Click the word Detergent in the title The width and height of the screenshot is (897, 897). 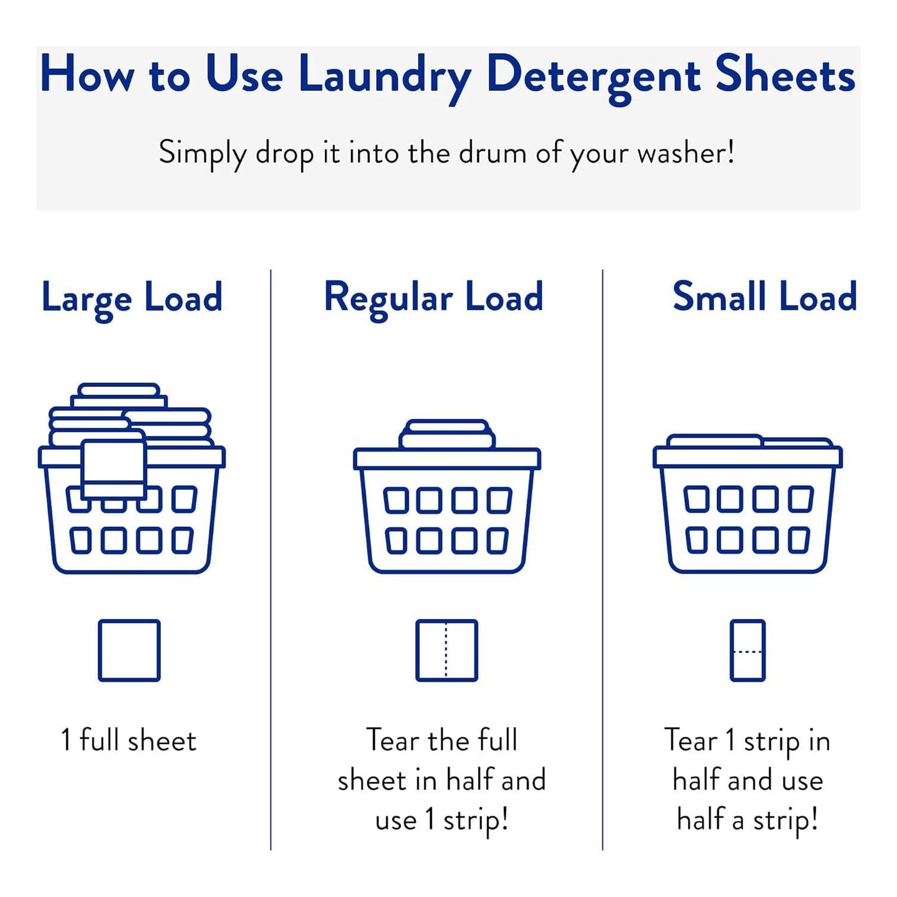(593, 77)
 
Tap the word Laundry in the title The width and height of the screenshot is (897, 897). (385, 77)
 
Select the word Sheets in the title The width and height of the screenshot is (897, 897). (786, 74)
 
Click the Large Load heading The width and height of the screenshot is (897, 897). (132, 299)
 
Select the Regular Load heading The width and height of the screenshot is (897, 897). (434, 299)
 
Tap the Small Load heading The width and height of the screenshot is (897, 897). (765, 297)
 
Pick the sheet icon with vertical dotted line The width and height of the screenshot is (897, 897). (447, 651)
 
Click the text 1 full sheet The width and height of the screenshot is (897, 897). (129, 740)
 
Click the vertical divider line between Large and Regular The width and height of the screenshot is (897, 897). (271, 560)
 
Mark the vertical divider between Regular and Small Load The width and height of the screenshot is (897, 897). (603, 560)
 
